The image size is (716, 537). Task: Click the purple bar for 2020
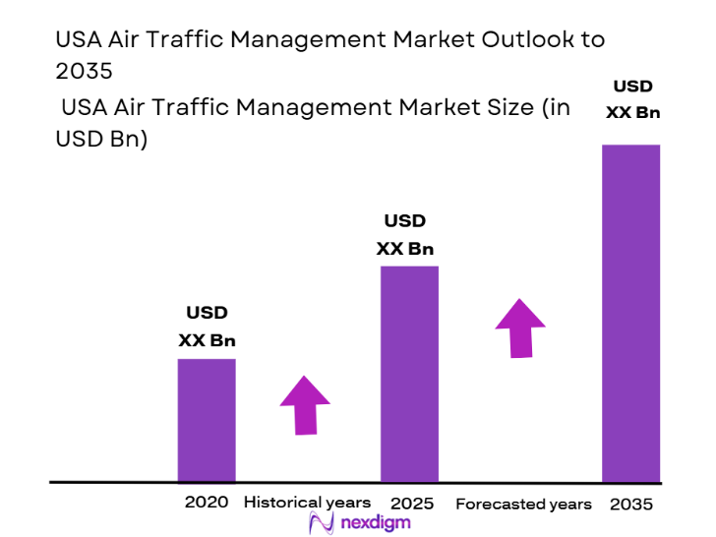coord(207,420)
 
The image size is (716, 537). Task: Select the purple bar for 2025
coord(409,374)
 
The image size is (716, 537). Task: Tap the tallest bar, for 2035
coord(630,313)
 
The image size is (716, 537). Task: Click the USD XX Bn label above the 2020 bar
coord(207,327)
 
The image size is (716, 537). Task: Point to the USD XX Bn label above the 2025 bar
coord(404,234)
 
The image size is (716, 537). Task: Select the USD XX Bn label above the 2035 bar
coord(632,99)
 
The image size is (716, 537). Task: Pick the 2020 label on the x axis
coord(207,502)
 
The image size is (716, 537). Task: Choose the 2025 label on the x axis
coord(412,503)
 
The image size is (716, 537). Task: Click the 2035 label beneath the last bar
coord(630,504)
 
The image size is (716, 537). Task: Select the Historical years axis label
coord(308,502)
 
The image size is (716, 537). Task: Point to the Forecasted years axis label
coord(523,504)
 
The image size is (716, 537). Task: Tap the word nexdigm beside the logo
coord(377,523)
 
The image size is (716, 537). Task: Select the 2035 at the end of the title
coord(85,71)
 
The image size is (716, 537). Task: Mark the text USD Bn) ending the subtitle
coord(101,140)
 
